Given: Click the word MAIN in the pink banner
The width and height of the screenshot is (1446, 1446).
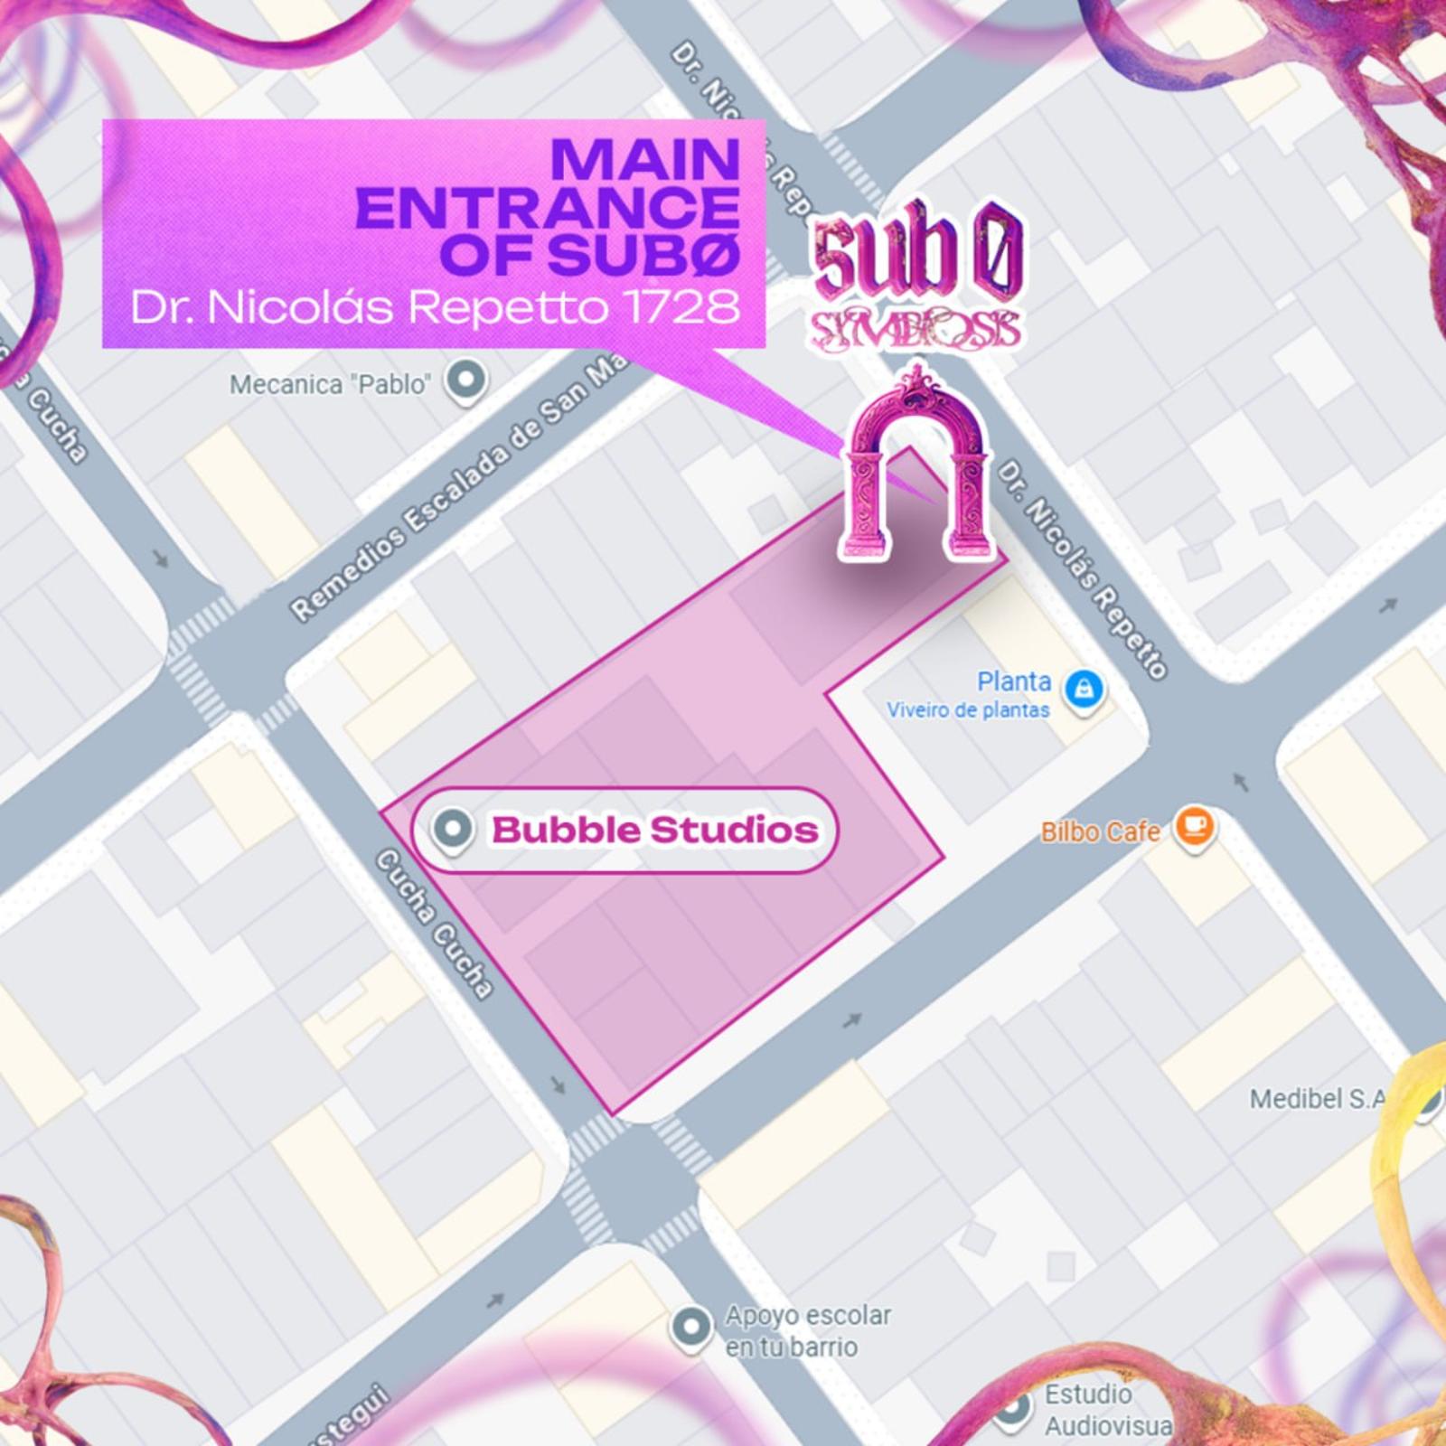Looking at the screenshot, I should (645, 160).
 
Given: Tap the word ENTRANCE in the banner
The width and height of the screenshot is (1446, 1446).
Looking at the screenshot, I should (548, 208).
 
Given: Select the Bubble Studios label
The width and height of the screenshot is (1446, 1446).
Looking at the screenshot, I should (654, 830).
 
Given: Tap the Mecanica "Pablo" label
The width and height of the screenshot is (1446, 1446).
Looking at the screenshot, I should (329, 385).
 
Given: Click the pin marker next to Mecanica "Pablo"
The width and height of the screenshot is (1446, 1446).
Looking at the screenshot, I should (466, 380).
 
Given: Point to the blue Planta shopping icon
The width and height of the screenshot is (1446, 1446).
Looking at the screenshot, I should (1084, 691).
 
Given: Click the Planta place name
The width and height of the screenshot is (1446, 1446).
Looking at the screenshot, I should (1014, 681).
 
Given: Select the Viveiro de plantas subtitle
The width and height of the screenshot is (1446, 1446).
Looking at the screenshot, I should (968, 710).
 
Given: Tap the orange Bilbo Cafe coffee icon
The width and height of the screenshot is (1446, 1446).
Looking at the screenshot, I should (1194, 827).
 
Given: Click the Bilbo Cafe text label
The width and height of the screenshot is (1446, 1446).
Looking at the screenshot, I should (1100, 831).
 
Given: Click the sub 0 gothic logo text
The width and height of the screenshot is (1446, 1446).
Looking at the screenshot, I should (916, 255).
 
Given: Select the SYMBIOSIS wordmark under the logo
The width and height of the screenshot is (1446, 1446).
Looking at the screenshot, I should (915, 330).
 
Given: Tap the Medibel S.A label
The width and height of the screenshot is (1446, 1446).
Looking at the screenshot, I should (1317, 1099).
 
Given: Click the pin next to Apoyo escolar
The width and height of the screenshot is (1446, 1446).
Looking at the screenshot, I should (691, 1328).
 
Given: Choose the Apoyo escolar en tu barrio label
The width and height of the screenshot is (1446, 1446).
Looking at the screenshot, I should (807, 1330).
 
